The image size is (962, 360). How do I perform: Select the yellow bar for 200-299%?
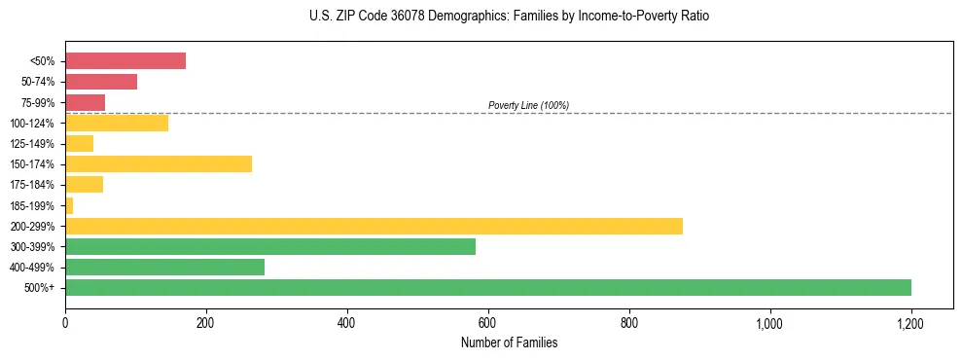[374, 226]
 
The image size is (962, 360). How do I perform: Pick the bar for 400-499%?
[164, 267]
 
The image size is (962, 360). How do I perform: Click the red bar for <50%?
[125, 60]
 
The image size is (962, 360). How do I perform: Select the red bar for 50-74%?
[101, 81]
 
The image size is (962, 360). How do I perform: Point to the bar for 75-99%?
[85, 102]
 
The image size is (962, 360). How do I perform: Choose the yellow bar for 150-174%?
[159, 163]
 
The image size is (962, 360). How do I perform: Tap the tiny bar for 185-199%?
[69, 205]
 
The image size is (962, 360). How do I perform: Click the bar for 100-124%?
[117, 123]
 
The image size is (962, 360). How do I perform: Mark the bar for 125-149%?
[79, 143]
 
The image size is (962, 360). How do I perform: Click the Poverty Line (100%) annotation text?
[528, 105]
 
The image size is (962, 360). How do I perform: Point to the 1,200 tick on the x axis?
[910, 323]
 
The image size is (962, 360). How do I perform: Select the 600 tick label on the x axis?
[488, 323]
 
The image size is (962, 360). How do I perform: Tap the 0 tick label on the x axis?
[65, 323]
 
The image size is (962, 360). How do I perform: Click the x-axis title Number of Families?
[509, 342]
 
